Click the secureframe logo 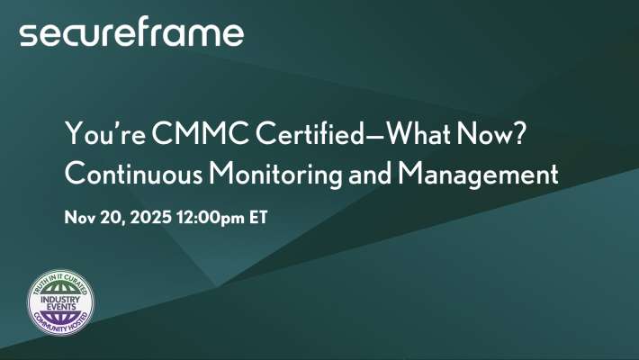click(x=131, y=34)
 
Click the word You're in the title click(x=97, y=133)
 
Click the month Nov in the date click(x=79, y=216)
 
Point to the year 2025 click(x=148, y=216)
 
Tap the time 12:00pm click(x=210, y=216)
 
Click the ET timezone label click(x=257, y=216)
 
